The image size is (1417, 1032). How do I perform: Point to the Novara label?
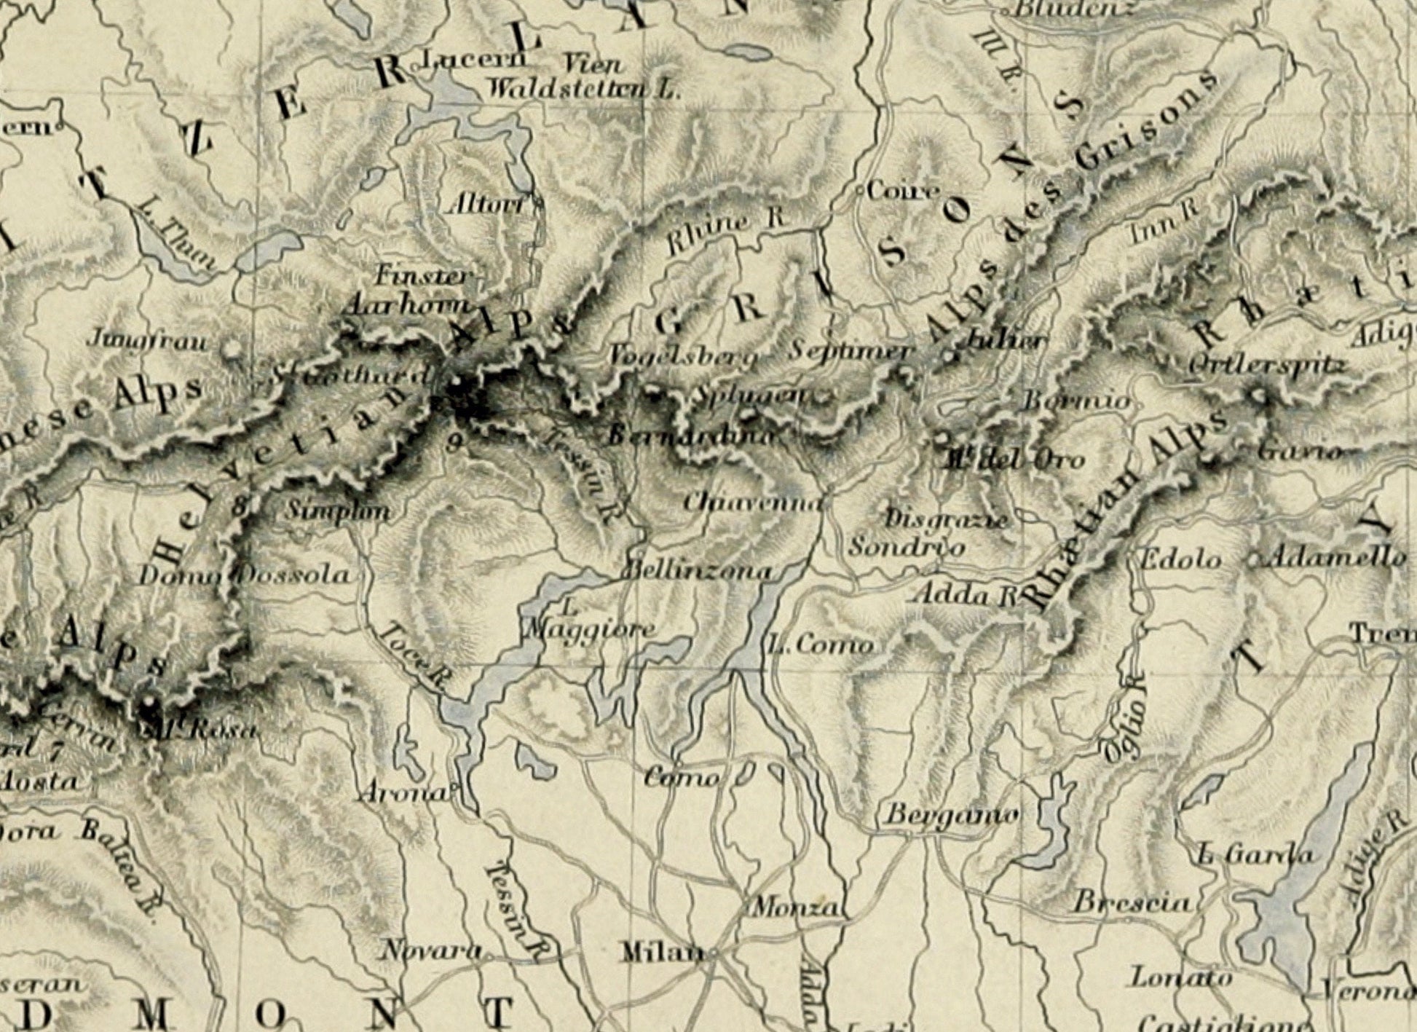pyautogui.click(x=432, y=950)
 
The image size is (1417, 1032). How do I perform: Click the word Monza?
pyautogui.click(x=797, y=908)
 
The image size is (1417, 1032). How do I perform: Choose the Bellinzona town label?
pyautogui.click(x=698, y=570)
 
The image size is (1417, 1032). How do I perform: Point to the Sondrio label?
pyautogui.click(x=907, y=546)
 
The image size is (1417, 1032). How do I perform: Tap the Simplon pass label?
pyautogui.click(x=336, y=511)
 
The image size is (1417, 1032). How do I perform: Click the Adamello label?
pyautogui.click(x=1336, y=558)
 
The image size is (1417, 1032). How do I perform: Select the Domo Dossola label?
pyautogui.click(x=245, y=575)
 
